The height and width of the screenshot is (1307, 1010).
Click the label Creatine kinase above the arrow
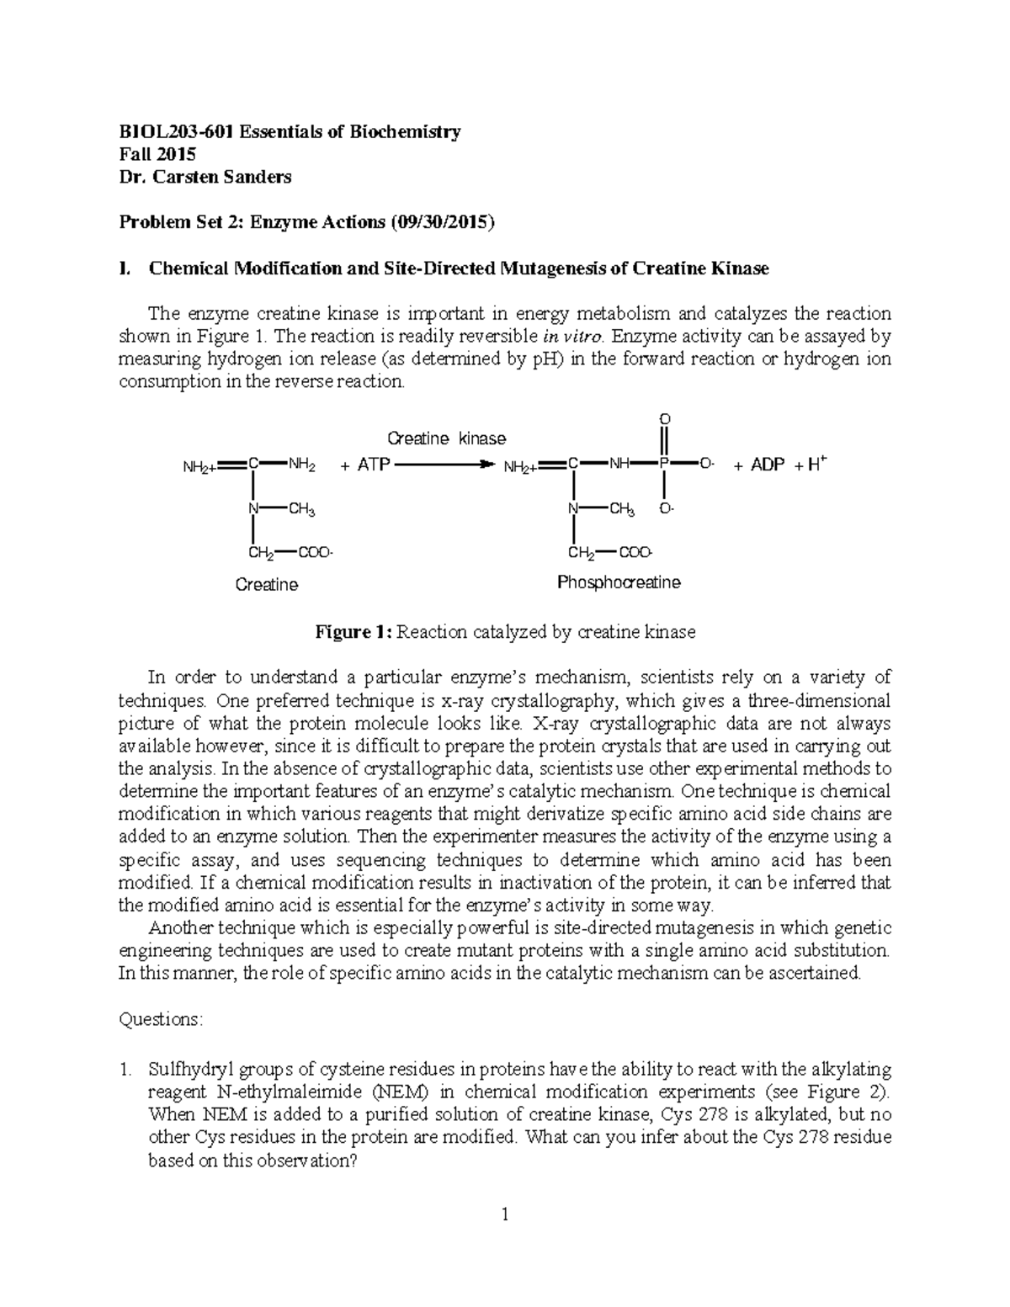(x=446, y=438)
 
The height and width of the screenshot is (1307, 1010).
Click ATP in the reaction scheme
(x=373, y=465)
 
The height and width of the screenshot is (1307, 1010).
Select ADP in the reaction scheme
(x=767, y=465)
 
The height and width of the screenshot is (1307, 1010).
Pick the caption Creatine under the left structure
(x=267, y=584)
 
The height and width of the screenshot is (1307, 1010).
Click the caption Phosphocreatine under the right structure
(x=619, y=582)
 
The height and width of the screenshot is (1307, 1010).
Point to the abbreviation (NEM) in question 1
(x=401, y=1092)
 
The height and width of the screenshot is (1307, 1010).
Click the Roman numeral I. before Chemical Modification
(x=125, y=268)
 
